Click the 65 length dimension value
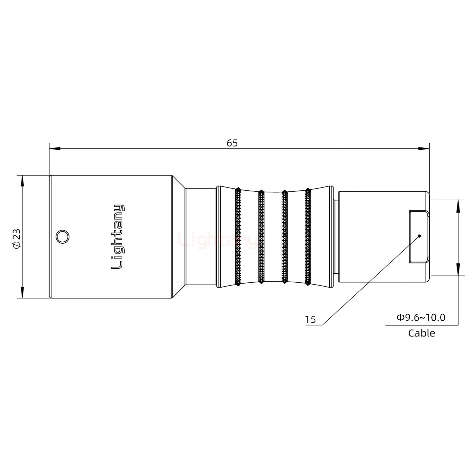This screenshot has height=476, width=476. (x=232, y=143)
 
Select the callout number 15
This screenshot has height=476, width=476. (x=310, y=320)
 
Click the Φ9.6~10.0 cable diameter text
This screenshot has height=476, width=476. (x=421, y=318)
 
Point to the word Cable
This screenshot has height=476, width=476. (x=421, y=333)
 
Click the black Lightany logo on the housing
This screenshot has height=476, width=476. (x=118, y=237)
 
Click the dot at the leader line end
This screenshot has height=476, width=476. (x=419, y=236)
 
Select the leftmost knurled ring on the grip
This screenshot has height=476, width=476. (x=238, y=237)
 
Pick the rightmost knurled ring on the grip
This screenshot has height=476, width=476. (x=308, y=237)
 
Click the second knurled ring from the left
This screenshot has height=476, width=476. (x=261, y=237)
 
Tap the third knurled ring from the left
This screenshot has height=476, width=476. (x=284, y=237)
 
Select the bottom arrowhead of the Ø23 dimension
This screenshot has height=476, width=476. (x=22, y=293)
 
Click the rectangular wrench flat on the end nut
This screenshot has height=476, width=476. (x=419, y=237)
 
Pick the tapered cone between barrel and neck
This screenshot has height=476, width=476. (x=178, y=237)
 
